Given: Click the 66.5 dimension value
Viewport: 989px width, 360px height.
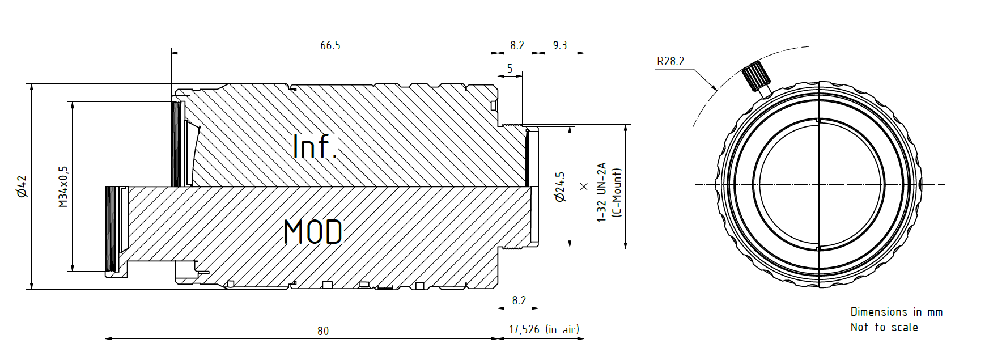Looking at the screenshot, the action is coord(330,45).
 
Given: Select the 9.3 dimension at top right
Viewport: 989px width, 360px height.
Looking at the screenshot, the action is coord(560,45).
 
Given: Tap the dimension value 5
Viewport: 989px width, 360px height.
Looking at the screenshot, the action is coord(510,69).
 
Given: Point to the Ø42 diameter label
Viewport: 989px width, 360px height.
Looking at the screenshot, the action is coord(22,186).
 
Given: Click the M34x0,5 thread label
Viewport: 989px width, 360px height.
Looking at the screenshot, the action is coord(63,187).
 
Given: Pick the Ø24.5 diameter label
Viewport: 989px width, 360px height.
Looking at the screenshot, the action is coord(561,187).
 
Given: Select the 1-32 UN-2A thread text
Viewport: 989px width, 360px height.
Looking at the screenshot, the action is coord(602,192).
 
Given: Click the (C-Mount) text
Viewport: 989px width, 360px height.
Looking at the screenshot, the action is coord(617,192).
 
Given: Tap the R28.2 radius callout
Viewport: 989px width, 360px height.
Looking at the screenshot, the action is coord(670,61).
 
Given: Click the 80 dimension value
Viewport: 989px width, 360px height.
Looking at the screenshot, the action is coord(323,331).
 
